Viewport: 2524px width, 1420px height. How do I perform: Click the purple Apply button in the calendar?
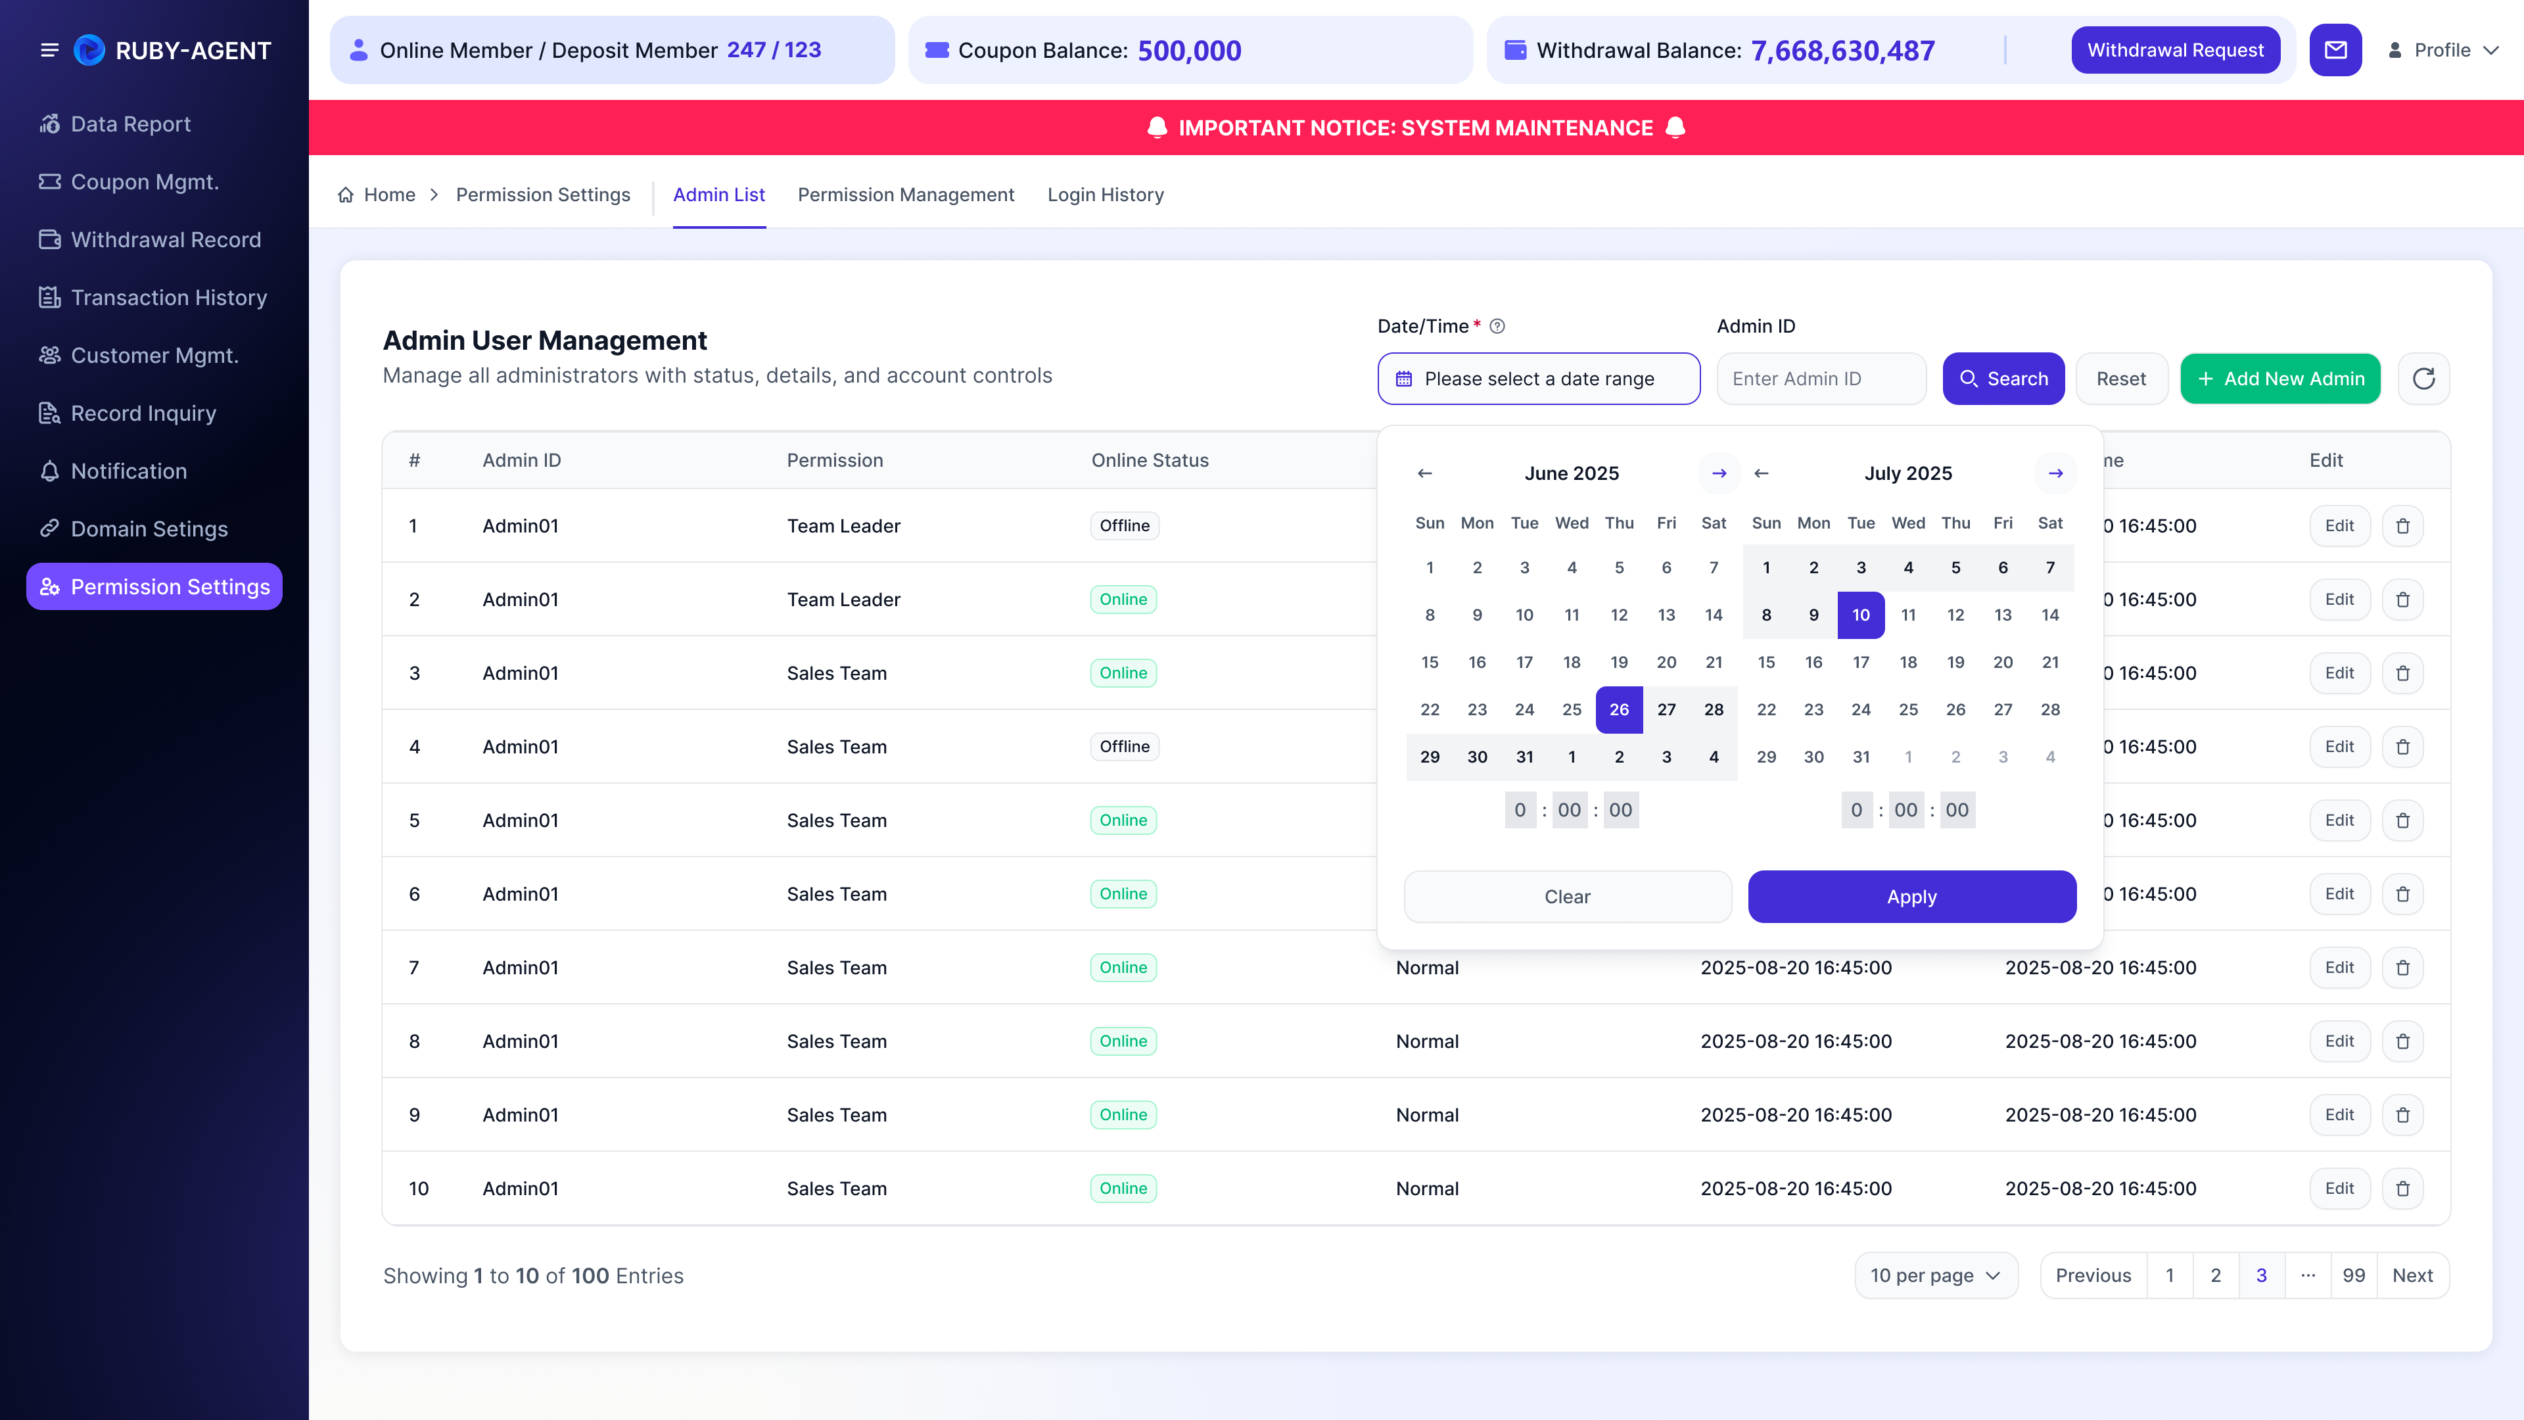tap(1911, 897)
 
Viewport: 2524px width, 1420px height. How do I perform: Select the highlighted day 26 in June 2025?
tap(1619, 709)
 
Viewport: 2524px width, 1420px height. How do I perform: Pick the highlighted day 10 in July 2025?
tap(1861, 615)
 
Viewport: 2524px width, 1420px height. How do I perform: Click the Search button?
tap(2003, 378)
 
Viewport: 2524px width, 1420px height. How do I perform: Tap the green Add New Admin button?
tap(2280, 378)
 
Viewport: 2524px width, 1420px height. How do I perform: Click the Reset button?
tap(2120, 378)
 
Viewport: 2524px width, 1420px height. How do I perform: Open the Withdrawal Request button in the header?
tap(2175, 50)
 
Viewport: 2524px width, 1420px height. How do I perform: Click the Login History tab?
tap(1105, 195)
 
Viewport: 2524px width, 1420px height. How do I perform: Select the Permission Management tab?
tap(905, 195)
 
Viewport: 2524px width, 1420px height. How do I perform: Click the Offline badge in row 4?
tap(1124, 747)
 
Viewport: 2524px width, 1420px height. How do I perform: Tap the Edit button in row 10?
tap(2339, 1188)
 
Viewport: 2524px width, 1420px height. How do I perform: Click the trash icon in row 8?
tap(2402, 1041)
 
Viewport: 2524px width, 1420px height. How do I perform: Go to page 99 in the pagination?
tap(2354, 1275)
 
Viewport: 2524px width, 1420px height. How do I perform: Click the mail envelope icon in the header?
tap(2336, 50)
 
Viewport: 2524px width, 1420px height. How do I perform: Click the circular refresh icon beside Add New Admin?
tap(2423, 378)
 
